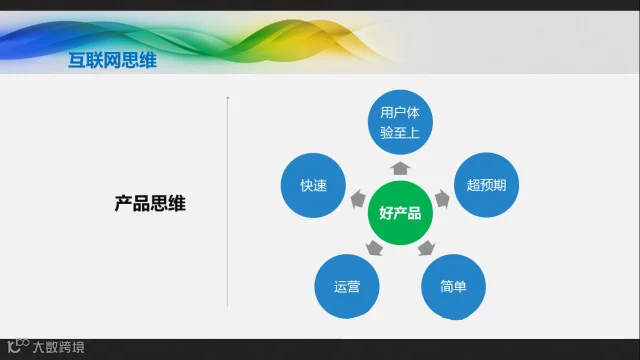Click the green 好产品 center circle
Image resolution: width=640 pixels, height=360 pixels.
(400, 213)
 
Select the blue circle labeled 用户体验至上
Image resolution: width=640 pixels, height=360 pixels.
(400, 122)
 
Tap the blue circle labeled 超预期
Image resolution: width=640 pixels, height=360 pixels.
(486, 185)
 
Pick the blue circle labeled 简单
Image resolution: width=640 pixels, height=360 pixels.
(453, 287)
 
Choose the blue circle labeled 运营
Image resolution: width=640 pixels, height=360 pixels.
(347, 287)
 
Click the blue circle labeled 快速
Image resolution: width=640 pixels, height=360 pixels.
(313, 185)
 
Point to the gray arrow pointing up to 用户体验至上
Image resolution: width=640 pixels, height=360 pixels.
(400, 168)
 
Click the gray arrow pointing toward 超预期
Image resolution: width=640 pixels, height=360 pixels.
(442, 199)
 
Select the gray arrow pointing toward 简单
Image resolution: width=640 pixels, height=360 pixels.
(426, 248)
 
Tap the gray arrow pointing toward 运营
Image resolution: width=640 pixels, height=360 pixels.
(374, 248)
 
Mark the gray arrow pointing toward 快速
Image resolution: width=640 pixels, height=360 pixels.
(358, 199)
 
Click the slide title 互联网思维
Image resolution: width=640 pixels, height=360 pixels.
(112, 60)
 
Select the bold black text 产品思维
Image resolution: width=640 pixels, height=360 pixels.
(150, 203)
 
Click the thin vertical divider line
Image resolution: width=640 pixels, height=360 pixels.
(227, 202)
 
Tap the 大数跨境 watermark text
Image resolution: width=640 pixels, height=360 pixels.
(58, 347)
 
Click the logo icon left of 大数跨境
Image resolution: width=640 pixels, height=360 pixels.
(18, 346)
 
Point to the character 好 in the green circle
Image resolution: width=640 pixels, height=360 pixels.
(386, 213)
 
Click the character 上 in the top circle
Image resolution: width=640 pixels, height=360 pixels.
(413, 132)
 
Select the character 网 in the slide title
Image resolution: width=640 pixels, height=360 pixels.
(112, 60)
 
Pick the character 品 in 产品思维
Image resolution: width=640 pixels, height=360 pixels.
(141, 203)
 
